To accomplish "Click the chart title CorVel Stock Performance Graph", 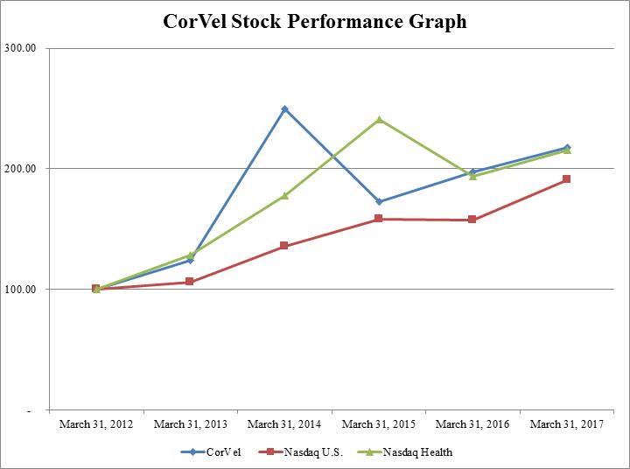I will pos(315,21).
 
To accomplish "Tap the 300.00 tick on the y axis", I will pos(20,48).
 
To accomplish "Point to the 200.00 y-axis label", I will pos(20,168).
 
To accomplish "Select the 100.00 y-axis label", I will pos(20,289).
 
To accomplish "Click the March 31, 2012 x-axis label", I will pos(96,424).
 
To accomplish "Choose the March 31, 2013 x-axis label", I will pos(190,424).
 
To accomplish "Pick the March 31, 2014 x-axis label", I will pos(284,424).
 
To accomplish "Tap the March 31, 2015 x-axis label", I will pos(378,424).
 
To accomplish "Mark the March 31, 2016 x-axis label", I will pos(472,424).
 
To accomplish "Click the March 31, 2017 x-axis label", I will pos(566,424).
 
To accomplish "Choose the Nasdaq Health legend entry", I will pos(411,452).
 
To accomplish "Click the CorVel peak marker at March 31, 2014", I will pos(284,109).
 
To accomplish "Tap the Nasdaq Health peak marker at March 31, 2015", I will pos(379,119).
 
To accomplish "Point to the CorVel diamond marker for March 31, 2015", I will pos(379,202).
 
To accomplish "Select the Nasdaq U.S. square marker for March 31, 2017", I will pos(567,179).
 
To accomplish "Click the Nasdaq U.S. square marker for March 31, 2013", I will pos(190,282).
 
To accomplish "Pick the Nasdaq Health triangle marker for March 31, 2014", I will pos(284,195).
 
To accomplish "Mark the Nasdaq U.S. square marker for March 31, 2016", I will pos(472,220).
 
